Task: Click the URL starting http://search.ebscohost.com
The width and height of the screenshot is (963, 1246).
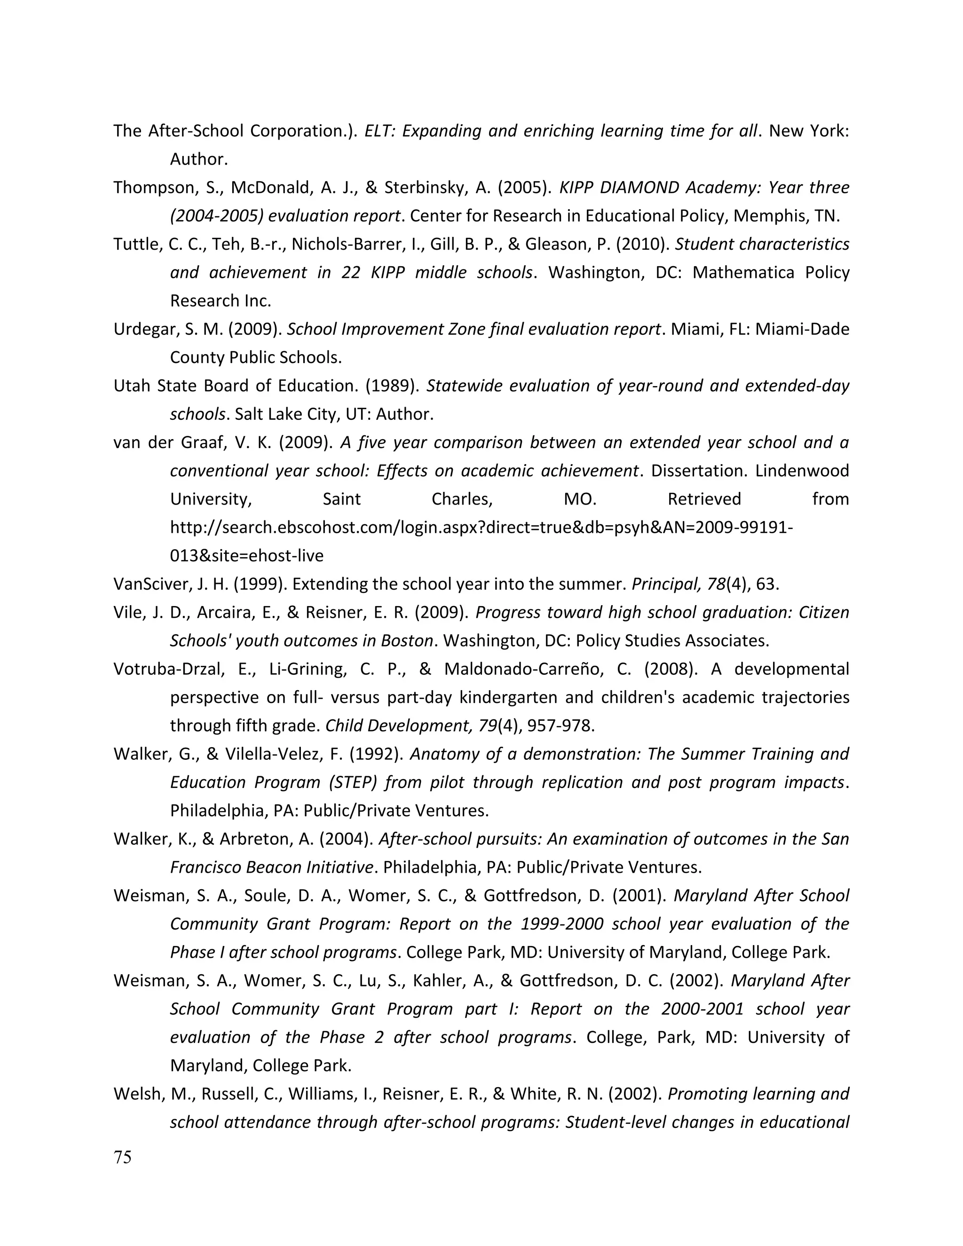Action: click(x=481, y=528)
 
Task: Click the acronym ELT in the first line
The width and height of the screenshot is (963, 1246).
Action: click(x=378, y=131)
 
